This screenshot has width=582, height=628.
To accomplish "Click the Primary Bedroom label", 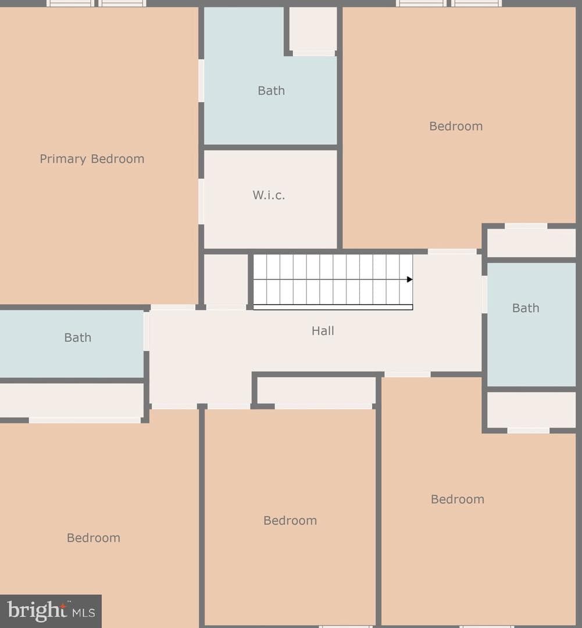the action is (92, 159).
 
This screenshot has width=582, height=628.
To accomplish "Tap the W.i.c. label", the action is (269, 195).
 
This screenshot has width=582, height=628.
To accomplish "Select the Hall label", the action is (323, 331).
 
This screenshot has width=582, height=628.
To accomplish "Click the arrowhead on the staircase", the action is (409, 280).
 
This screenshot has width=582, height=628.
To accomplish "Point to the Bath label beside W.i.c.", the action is (271, 91).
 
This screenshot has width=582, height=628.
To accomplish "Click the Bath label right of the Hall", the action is (526, 308).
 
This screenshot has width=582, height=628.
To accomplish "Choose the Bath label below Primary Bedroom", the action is (78, 338).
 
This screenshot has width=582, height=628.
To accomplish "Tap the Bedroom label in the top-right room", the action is (456, 126).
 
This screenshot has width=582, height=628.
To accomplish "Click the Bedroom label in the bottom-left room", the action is (94, 537).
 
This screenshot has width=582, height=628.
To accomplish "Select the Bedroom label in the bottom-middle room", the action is (290, 520).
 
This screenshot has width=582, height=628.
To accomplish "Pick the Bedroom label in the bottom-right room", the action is (458, 499).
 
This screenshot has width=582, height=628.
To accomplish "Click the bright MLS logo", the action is (51, 611).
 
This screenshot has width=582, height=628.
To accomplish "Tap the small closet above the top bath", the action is (313, 29).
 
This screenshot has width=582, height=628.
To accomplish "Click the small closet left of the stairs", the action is (226, 280).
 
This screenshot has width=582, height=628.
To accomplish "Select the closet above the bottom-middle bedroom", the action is (316, 391).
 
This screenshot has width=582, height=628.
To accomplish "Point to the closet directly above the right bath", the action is (531, 243).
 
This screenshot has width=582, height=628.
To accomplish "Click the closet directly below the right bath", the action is (531, 410).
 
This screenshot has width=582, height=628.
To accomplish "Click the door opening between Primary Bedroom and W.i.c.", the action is (201, 201).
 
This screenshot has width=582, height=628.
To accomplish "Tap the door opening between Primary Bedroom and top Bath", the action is (201, 80).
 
